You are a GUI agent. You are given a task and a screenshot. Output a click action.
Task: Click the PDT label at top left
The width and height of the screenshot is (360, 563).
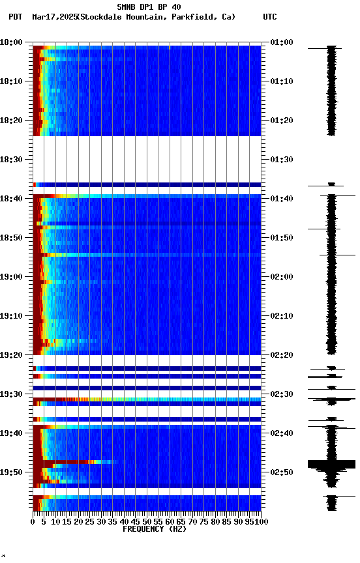pyautogui.click(x=15, y=17)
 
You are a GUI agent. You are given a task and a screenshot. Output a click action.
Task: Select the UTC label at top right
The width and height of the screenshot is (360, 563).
pyautogui.click(x=270, y=17)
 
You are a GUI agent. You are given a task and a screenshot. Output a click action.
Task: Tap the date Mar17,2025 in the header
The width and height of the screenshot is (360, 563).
pyautogui.click(x=53, y=17)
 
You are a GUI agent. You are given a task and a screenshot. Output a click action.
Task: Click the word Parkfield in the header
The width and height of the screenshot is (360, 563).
pyautogui.click(x=193, y=17)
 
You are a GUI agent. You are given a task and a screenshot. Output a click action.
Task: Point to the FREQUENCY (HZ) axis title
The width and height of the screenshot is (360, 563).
pyautogui.click(x=153, y=529)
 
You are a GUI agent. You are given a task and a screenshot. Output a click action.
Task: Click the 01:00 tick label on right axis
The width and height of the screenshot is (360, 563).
pyautogui.click(x=282, y=42)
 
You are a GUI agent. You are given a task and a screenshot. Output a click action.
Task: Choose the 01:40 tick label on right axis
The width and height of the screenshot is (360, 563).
pyautogui.click(x=282, y=199)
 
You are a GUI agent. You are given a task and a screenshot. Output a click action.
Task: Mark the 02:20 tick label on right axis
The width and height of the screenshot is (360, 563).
pyautogui.click(x=282, y=355)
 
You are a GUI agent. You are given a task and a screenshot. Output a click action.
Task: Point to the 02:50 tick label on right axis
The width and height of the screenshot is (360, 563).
pyautogui.click(x=282, y=472)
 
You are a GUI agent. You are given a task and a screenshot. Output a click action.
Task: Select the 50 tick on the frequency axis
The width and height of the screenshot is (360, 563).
pyautogui.click(x=147, y=521)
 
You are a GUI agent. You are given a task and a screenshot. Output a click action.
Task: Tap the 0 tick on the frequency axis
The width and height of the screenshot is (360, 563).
pyautogui.click(x=33, y=521)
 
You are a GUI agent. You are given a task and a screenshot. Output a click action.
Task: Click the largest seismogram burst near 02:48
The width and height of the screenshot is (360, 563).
pyautogui.click(x=331, y=464)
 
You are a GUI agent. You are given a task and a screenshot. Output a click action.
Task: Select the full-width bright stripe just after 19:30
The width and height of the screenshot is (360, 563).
pyautogui.click(x=147, y=399)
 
